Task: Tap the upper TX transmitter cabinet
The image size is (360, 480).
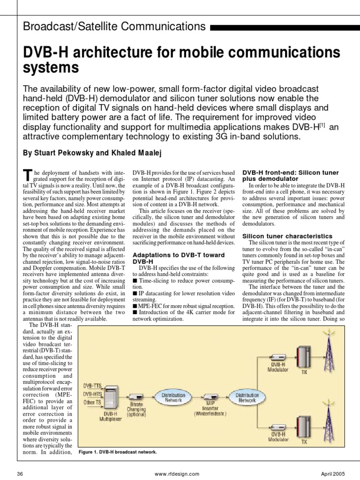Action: (x=304, y=358)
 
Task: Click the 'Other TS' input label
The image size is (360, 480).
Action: (x=92, y=402)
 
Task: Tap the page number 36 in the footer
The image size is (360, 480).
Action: (x=20, y=474)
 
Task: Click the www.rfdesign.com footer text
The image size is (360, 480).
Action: (x=176, y=474)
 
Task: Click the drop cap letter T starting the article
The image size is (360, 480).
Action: (x=27, y=175)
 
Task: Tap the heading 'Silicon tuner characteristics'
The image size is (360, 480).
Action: (x=287, y=236)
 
